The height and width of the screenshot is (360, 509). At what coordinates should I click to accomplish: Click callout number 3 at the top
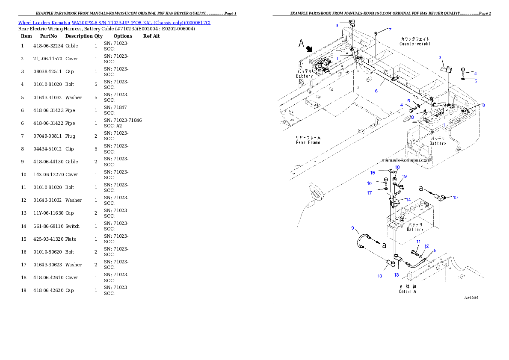pos(337,26)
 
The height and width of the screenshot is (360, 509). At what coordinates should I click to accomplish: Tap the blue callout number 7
pos(390,30)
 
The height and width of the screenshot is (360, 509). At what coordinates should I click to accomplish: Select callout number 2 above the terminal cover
pos(439,57)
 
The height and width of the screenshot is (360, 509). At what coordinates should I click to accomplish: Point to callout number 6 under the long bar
pos(376,91)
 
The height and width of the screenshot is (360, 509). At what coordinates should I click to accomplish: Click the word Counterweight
pos(415,44)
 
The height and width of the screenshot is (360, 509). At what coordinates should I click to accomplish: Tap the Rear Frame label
pos(308,142)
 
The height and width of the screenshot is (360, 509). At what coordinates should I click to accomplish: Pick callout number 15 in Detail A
pos(372,173)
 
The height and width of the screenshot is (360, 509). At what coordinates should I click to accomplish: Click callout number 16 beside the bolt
pos(369,183)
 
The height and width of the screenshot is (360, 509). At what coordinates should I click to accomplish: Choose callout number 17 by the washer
pos(369,193)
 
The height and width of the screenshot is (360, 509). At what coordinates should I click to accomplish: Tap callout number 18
pos(397,167)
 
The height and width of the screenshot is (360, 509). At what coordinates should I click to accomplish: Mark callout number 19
pos(404,176)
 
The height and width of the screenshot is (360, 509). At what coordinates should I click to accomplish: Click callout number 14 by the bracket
pos(408,200)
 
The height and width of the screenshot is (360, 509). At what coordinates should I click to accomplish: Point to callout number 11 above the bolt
pos(418,242)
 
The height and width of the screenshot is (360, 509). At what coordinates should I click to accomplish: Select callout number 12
pos(426,246)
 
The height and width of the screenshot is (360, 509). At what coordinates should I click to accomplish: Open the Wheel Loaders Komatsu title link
pos(114,23)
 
